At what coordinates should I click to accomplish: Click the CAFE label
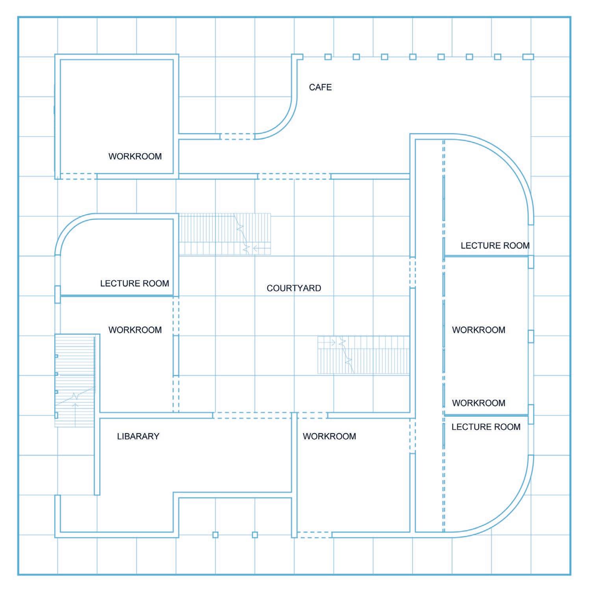320,87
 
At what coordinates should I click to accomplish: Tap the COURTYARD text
294,288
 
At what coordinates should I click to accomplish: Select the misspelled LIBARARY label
138,436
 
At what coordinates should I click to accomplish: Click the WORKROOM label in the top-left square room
135,156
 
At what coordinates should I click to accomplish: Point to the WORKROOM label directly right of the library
329,436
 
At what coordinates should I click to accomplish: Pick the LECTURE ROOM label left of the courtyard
134,284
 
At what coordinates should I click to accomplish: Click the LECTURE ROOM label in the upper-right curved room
495,246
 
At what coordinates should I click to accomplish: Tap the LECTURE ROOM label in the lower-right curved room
486,427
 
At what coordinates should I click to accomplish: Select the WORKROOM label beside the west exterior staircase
135,330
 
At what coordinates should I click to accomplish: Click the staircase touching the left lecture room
224,234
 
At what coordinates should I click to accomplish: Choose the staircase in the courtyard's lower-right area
363,354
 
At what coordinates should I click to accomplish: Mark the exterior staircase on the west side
75,380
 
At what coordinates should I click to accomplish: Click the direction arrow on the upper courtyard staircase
258,248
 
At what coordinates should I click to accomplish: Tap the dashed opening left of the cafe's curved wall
237,136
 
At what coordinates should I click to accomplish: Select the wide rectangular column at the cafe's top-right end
528,57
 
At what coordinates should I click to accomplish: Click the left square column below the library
215,534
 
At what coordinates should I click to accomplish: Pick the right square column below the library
255,534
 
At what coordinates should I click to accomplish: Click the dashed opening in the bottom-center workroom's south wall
314,534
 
